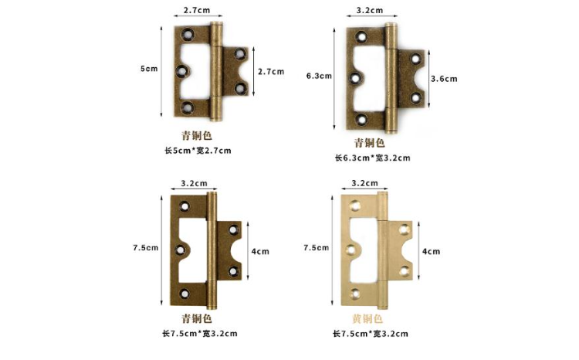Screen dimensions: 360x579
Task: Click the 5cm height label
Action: (149, 69)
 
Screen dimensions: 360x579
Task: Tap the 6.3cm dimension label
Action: (319, 76)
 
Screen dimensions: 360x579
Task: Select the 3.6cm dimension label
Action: (444, 79)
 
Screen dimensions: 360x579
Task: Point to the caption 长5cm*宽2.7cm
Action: (196, 150)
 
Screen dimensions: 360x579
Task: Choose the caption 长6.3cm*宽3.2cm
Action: (371, 158)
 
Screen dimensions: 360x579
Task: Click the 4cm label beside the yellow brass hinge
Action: (432, 251)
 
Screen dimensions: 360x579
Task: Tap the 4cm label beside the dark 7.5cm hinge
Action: (260, 251)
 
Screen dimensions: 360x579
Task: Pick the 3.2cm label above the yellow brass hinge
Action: (364, 183)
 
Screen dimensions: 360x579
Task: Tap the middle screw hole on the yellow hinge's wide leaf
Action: (353, 251)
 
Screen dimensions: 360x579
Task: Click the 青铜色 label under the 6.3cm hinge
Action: (369, 142)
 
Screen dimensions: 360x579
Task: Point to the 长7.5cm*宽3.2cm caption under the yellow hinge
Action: (371, 334)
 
